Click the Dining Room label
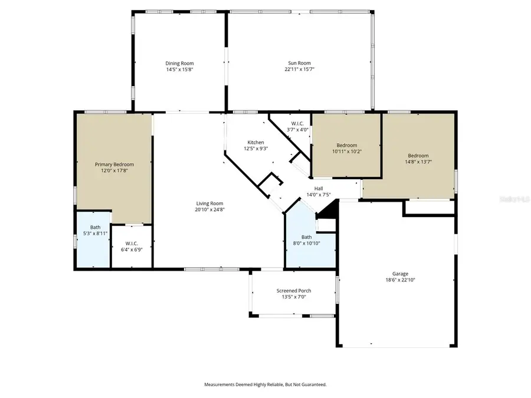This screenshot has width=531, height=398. (x=179, y=63)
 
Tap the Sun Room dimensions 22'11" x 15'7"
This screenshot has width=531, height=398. (x=299, y=70)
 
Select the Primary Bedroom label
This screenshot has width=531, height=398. (x=114, y=165)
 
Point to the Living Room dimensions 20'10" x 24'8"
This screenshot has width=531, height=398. (x=211, y=209)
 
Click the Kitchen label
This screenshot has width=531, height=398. (x=255, y=143)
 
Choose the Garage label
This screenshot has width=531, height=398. (x=400, y=274)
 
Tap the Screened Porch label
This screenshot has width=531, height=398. (x=294, y=291)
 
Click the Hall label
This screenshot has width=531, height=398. (x=318, y=188)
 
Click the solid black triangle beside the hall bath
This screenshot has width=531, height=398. (x=331, y=209)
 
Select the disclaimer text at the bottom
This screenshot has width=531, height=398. (x=265, y=384)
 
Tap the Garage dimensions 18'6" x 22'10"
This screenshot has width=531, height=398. (x=400, y=280)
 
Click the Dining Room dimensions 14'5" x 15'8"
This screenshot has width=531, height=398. (x=179, y=70)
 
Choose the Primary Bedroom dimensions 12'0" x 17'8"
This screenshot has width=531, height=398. (x=114, y=171)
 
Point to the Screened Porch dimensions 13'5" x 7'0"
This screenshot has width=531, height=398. (x=294, y=297)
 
